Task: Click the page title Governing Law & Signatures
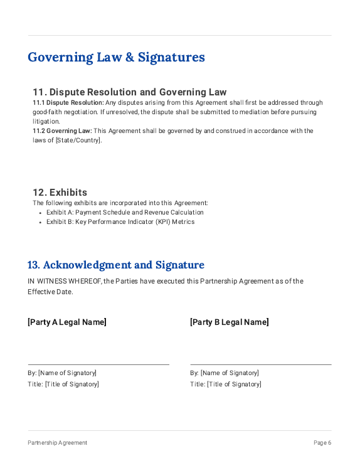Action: point(116,57)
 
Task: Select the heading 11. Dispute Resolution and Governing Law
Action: point(129,92)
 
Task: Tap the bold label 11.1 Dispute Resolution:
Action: point(68,102)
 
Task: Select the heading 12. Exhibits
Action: point(60,193)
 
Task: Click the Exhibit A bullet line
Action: point(125,212)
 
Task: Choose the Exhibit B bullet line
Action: point(120,221)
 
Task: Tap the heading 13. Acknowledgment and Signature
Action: point(116,265)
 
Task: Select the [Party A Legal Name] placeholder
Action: point(67,322)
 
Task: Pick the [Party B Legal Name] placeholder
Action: point(230,322)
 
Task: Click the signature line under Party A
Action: point(98,364)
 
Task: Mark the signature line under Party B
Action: point(261,364)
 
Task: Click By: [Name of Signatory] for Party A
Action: point(62,373)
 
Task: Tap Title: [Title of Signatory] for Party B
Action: point(226,384)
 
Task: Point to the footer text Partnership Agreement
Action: point(58,443)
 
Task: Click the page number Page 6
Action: point(322,443)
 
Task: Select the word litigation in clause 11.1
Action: point(46,121)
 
